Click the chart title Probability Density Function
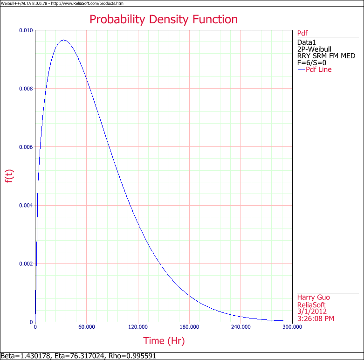click(x=163, y=20)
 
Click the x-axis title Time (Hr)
click(x=164, y=341)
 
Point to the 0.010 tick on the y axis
click(x=26, y=30)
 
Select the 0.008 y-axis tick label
click(x=26, y=89)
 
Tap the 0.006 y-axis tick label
click(x=26, y=147)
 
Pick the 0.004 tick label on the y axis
click(x=26, y=205)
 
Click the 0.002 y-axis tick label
click(x=26, y=263)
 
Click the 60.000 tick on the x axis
click(x=87, y=327)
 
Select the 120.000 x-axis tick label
click(x=138, y=327)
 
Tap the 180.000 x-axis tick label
click(x=189, y=327)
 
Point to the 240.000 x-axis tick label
click(x=240, y=327)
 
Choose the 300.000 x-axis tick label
click(x=292, y=327)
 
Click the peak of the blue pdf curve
click(x=63, y=40)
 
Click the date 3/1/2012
click(x=312, y=312)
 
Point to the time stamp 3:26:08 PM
click(x=316, y=318)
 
